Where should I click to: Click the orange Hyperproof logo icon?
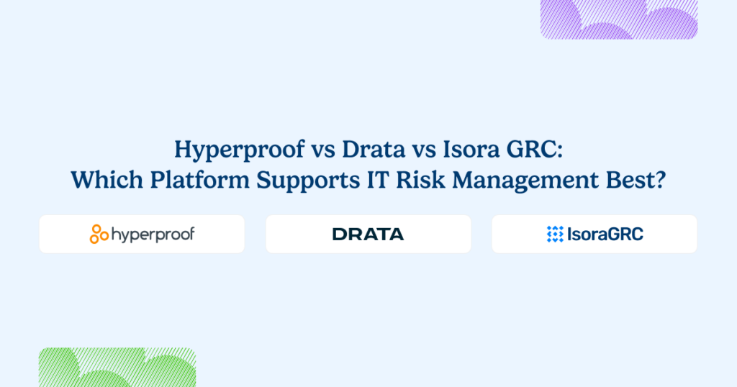(99, 234)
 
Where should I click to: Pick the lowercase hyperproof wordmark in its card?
(153, 235)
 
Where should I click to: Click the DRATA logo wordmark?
(368, 234)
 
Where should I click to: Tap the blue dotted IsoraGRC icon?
(555, 234)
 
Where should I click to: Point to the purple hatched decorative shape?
(619, 19)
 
